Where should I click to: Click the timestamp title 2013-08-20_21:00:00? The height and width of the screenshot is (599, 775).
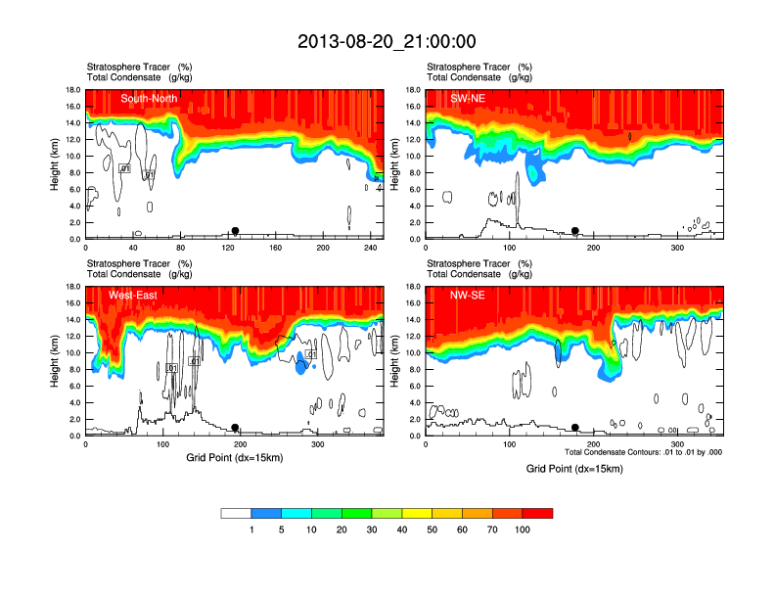pyautogui.click(x=387, y=41)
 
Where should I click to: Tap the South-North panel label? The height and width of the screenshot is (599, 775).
pyautogui.click(x=148, y=98)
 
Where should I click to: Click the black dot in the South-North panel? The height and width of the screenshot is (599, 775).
pyautogui.click(x=235, y=231)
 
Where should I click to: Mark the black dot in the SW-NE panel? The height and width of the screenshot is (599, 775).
pyautogui.click(x=575, y=231)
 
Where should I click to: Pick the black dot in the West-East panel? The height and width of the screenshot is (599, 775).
pyautogui.click(x=235, y=428)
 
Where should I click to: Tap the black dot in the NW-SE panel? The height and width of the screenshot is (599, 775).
pyautogui.click(x=575, y=428)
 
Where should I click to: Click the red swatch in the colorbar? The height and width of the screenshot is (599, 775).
pyautogui.click(x=537, y=513)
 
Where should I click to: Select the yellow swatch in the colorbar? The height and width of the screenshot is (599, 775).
pyautogui.click(x=417, y=513)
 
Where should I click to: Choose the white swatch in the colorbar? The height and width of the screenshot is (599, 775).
pyautogui.click(x=236, y=513)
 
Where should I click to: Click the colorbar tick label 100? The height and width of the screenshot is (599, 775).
pyautogui.click(x=523, y=530)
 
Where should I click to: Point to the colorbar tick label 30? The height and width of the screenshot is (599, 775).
pyautogui.click(x=372, y=530)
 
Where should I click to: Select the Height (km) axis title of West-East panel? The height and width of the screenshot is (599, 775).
pyautogui.click(x=55, y=361)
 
